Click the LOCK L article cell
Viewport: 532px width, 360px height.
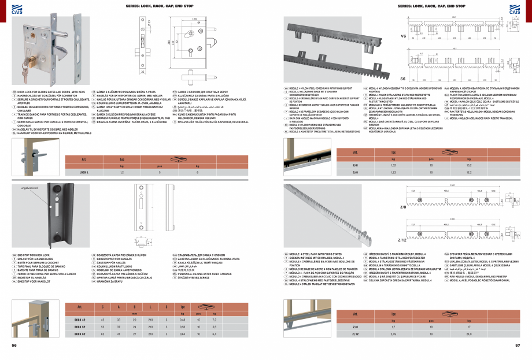click(84, 172)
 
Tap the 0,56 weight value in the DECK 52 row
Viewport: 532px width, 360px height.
click(183, 326)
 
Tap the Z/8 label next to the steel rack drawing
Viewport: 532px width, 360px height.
click(402, 207)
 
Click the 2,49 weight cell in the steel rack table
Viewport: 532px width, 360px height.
click(393, 334)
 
